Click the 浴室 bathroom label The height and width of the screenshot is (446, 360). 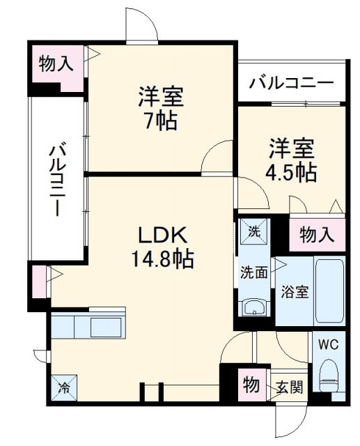click(294, 292)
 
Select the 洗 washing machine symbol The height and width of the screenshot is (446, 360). click(253, 230)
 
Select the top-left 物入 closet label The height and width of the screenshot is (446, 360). click(56, 65)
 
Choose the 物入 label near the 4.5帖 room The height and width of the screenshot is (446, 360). click(317, 235)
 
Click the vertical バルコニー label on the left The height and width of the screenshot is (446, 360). click(58, 178)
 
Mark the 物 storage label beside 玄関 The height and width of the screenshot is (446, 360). click(250, 384)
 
